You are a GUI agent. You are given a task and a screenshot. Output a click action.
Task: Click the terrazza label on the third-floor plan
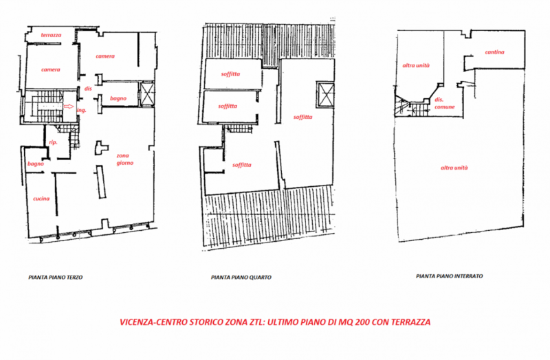pos(52,34)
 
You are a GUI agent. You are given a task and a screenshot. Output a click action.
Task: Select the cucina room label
pos(41,199)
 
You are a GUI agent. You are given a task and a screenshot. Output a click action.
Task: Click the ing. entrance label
pos(80,110)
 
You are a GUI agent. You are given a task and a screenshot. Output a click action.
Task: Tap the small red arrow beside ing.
pos(67,107)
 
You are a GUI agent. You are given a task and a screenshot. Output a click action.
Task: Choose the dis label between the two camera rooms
pos(87,88)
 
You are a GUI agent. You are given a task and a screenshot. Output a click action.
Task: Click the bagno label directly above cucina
pos(36,164)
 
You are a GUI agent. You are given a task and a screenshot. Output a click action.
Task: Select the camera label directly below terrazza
pos(50,69)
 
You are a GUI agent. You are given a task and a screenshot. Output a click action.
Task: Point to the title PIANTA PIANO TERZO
pos(55,278)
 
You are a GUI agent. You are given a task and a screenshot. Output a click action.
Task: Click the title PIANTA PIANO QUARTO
pos(241,278)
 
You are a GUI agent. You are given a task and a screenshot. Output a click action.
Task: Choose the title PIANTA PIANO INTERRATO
pos(450,275)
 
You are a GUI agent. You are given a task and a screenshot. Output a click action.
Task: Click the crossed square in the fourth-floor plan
pos(322,93)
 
